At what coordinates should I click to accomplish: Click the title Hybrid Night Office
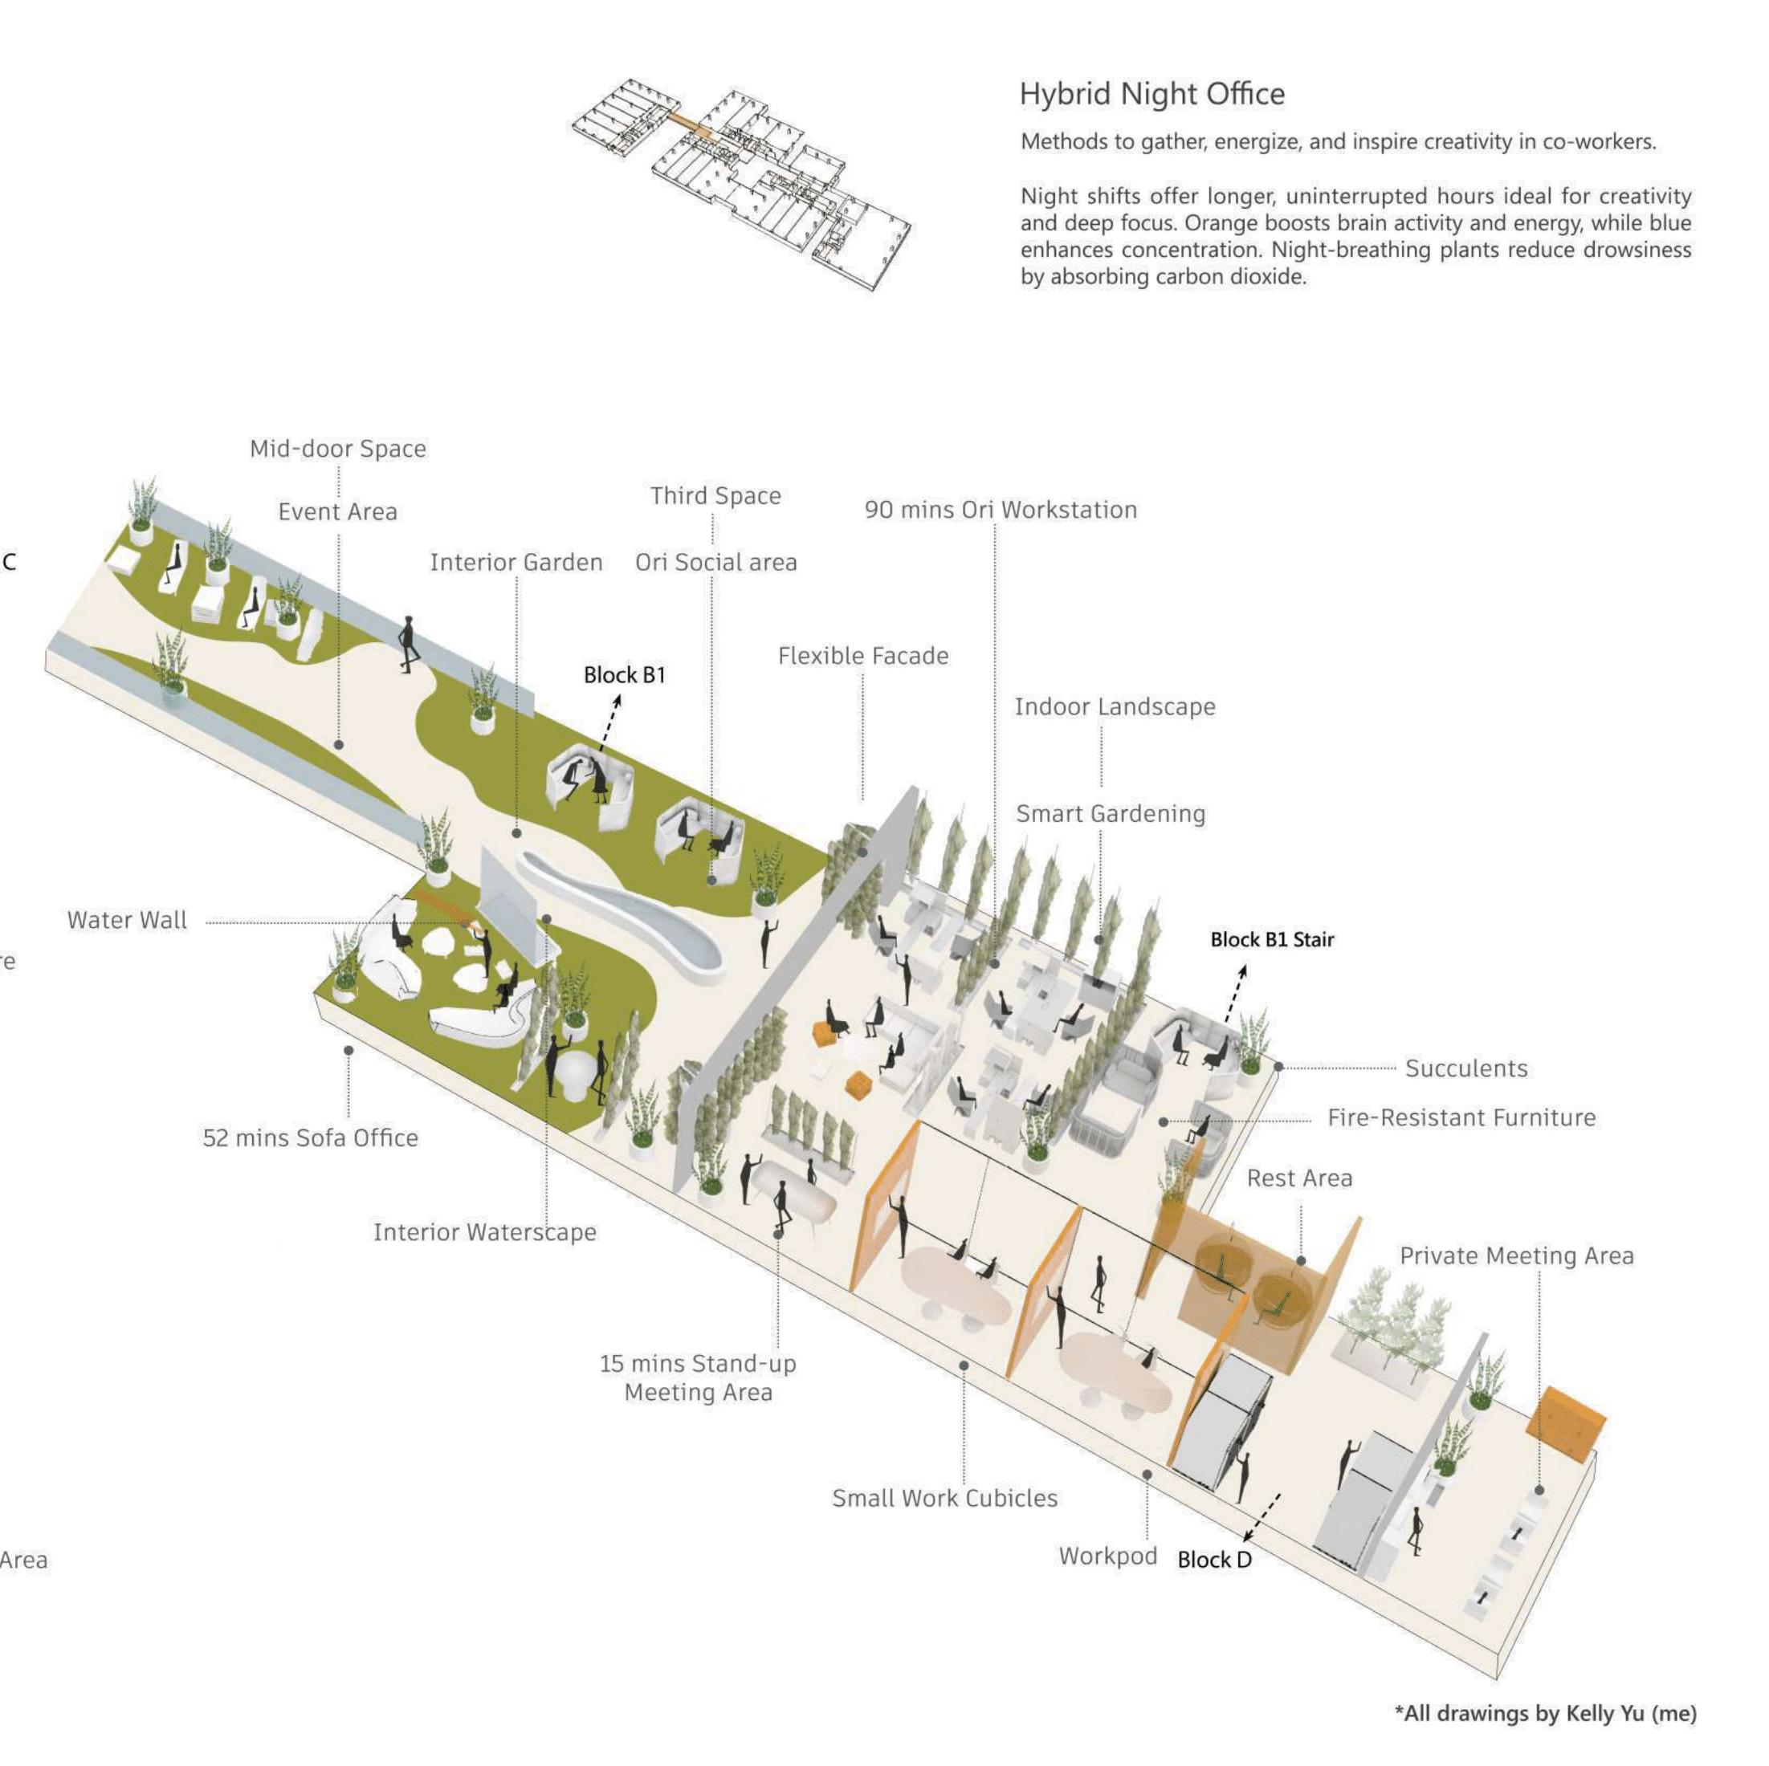pos(1151,94)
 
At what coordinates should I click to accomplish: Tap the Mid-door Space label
pos(338,449)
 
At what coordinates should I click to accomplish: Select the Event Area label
pos(338,512)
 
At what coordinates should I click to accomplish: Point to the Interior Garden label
pos(516,562)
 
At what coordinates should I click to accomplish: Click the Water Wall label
pos(127,920)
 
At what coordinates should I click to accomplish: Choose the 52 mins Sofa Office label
pos(311,1138)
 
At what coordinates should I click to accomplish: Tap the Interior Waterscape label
pos(484,1232)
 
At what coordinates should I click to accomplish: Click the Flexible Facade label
pos(863,656)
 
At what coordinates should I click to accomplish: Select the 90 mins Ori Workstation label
pos(1001,510)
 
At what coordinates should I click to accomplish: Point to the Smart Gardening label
pos(1111,814)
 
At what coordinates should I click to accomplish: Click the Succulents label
pos(1466,1068)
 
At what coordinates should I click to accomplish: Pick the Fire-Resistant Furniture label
pos(1461,1118)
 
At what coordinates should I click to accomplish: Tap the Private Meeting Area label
pos(1516,1256)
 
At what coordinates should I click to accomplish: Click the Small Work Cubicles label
pos(944,1499)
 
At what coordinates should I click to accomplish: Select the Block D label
pos(1214,1560)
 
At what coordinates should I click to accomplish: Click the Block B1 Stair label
pos(1272,939)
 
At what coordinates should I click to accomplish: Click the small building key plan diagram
pos(742,183)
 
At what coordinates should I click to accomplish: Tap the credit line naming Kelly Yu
pos(1546,1713)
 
